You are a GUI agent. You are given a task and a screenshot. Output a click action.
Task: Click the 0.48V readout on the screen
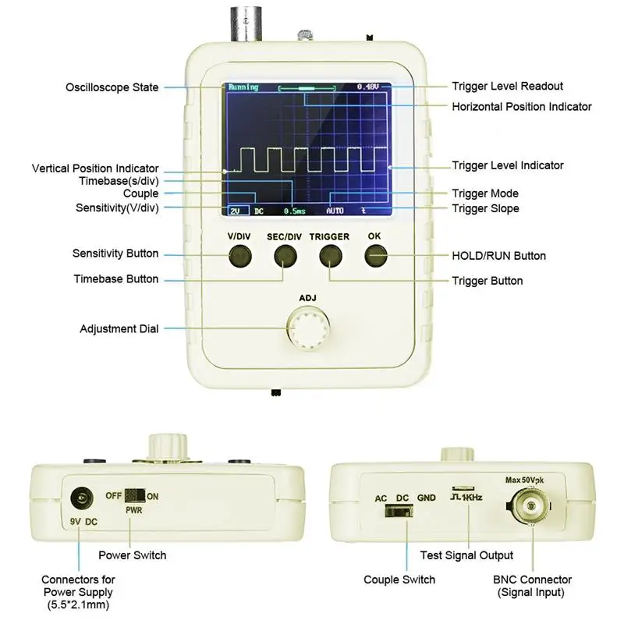click(x=367, y=87)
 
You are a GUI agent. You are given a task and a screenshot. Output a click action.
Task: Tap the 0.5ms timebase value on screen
click(x=294, y=211)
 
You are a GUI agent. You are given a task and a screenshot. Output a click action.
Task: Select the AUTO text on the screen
click(x=335, y=211)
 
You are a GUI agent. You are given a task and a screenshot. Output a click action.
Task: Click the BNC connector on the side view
click(x=532, y=507)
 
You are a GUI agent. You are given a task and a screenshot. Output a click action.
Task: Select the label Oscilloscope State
click(x=112, y=87)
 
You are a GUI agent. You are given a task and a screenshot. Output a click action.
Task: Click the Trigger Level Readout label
click(x=507, y=86)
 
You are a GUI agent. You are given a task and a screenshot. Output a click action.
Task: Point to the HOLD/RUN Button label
click(x=498, y=256)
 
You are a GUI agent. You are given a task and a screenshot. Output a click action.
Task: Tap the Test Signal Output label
click(x=466, y=555)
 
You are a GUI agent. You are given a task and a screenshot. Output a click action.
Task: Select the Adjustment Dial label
click(x=119, y=329)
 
